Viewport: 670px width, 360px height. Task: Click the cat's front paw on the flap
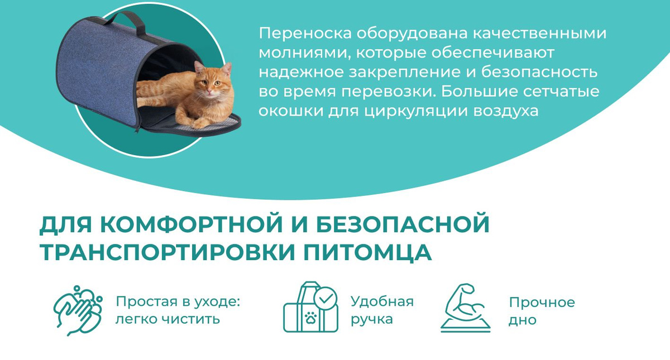pyautogui.click(x=200, y=123)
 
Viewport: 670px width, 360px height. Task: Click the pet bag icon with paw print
pyautogui.click(x=310, y=307)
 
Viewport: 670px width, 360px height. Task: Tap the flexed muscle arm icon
pyautogui.click(x=465, y=308)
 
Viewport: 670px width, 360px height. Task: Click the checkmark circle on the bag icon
pyautogui.click(x=326, y=298)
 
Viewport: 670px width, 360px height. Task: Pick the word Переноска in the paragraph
pyautogui.click(x=305, y=33)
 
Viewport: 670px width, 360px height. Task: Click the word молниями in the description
pyautogui.click(x=304, y=53)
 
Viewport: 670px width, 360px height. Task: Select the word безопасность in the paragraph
pyautogui.click(x=539, y=72)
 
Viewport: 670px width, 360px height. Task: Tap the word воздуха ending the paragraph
pyautogui.click(x=506, y=111)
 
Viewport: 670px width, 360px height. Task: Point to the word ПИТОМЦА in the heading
pyautogui.click(x=367, y=252)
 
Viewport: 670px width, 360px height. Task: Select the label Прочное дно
pyautogui.click(x=542, y=311)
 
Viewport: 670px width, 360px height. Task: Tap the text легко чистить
pyautogui.click(x=168, y=319)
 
